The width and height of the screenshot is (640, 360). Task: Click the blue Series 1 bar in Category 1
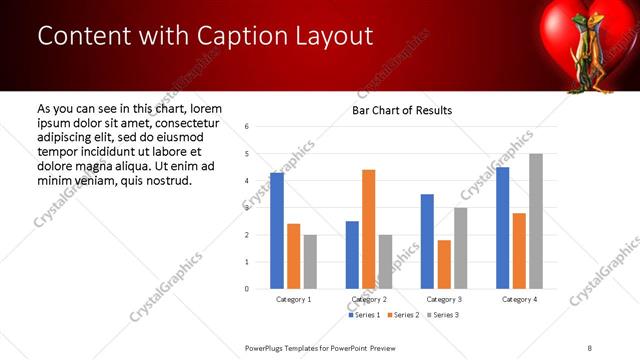coord(277,231)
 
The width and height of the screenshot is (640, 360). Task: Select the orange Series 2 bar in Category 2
coord(368,229)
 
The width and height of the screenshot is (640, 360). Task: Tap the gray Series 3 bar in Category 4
coord(536,221)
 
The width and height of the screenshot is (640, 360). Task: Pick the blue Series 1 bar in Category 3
coord(427,241)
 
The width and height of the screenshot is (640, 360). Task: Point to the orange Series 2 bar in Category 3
coord(444,264)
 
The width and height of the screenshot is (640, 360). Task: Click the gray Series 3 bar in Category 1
coord(310,262)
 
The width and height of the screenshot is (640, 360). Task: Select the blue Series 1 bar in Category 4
coord(502,228)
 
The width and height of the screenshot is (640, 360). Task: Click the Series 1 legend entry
coord(364,315)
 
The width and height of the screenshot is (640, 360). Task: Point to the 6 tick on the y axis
coord(247,127)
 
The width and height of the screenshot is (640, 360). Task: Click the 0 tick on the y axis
coord(247,289)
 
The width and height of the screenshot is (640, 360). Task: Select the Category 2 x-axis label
coord(369,299)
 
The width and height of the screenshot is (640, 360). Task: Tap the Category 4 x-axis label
coord(519,299)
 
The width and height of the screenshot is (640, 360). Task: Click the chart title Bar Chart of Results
coord(402,110)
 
